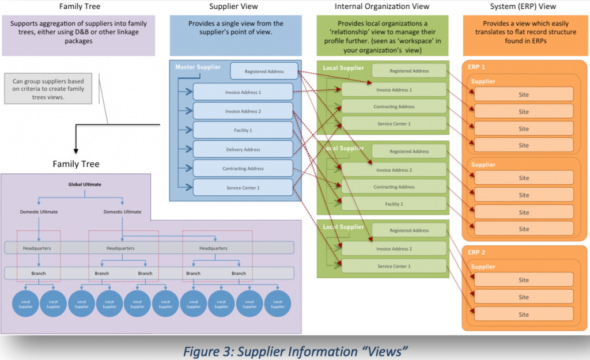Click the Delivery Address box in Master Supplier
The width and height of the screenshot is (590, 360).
(x=243, y=149)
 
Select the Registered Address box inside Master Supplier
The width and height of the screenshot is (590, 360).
(x=264, y=71)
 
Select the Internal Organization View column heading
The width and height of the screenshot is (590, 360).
(x=381, y=6)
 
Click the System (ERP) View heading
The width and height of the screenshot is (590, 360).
(x=524, y=6)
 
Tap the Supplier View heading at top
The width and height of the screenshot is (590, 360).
(x=234, y=6)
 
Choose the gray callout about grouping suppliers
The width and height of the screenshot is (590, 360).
(x=48, y=89)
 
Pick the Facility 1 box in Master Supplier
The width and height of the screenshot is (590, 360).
(x=243, y=130)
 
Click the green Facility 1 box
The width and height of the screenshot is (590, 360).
(x=394, y=204)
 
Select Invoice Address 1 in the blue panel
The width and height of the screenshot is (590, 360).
(x=243, y=92)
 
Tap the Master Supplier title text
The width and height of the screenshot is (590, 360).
(x=198, y=67)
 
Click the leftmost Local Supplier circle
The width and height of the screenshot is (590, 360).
(x=25, y=304)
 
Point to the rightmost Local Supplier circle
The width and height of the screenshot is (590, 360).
(x=278, y=304)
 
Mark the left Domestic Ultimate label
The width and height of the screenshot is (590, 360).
(x=39, y=211)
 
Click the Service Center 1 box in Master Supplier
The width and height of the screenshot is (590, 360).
(x=243, y=187)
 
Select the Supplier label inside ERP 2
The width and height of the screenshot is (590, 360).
(x=483, y=267)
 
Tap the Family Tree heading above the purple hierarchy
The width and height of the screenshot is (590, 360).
(x=75, y=164)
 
